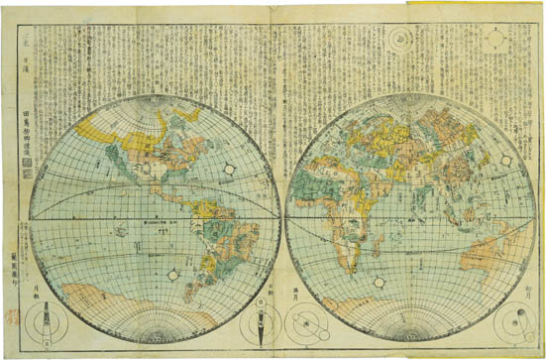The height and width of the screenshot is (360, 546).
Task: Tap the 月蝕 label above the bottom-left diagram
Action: pos(42,290)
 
